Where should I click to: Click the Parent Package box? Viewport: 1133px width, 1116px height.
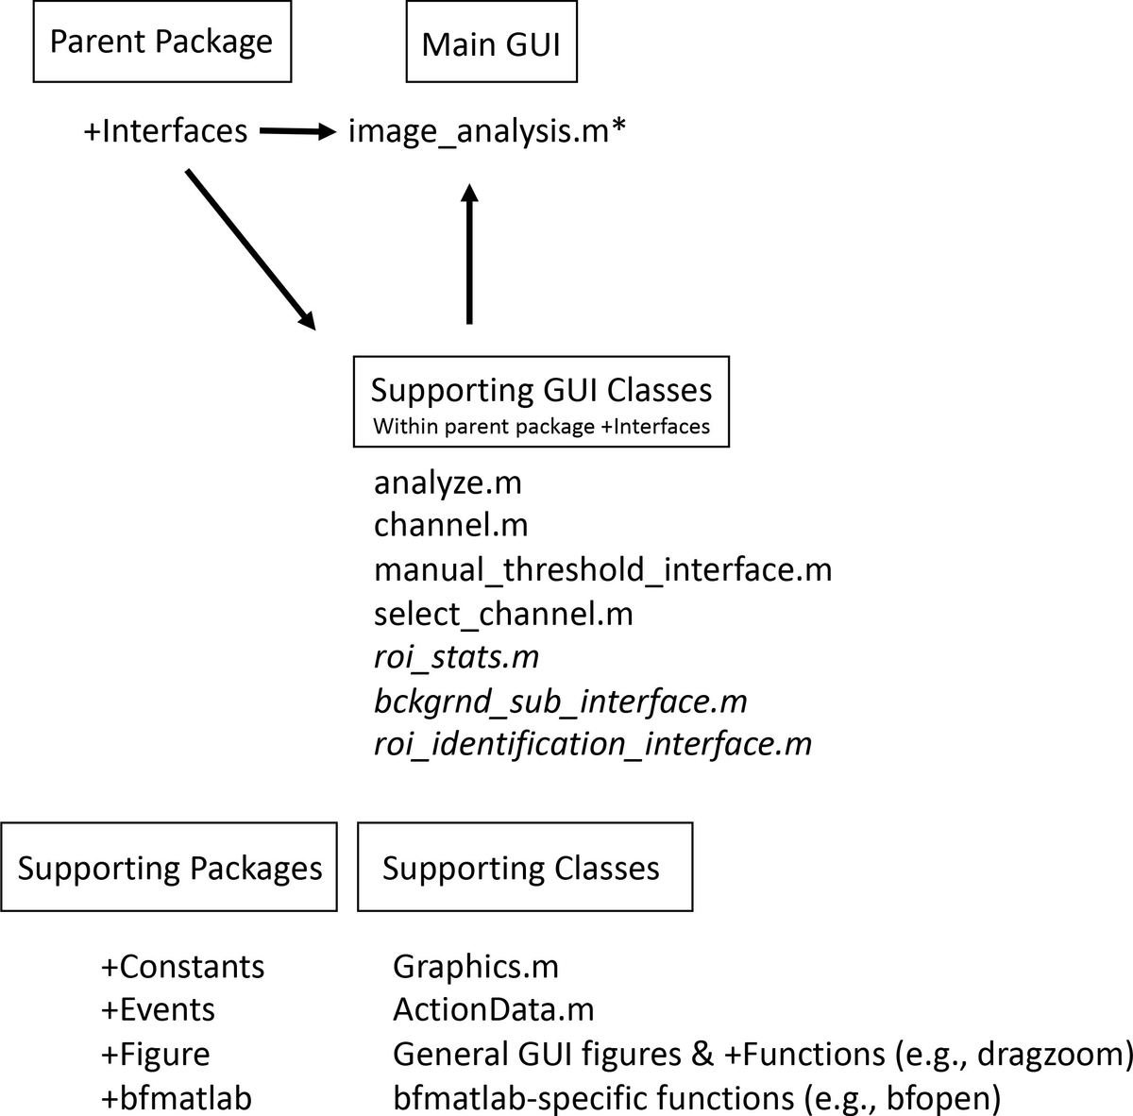[x=162, y=42]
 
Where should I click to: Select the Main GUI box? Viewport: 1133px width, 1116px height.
[x=492, y=42]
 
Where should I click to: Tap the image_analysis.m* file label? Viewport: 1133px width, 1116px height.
[x=487, y=130]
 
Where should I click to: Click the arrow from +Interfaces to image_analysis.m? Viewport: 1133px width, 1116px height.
[x=298, y=131]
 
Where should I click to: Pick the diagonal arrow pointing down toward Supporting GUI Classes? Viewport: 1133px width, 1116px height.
[x=251, y=250]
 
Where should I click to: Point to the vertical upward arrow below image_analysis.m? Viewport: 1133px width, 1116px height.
[x=469, y=254]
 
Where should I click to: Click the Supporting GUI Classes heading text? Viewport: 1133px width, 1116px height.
[x=542, y=390]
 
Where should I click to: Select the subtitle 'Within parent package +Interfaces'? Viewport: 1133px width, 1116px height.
[x=542, y=427]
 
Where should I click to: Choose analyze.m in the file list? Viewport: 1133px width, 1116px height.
[x=448, y=483]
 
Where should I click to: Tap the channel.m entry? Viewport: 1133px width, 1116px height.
[x=451, y=525]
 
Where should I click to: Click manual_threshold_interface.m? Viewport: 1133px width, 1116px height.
[x=603, y=569]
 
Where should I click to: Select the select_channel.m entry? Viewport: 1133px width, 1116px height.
[x=503, y=614]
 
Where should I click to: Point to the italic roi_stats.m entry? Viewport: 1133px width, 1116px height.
[x=456, y=657]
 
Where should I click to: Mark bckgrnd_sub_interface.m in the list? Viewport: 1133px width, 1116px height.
[x=560, y=702]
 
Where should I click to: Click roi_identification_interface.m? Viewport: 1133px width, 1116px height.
[x=593, y=744]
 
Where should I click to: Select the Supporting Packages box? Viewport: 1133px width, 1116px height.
[x=169, y=868]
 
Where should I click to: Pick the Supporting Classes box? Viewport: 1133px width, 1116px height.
[x=525, y=868]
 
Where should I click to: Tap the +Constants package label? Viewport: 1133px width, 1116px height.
[x=183, y=967]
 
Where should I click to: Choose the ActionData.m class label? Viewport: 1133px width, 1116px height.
[x=493, y=1010]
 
